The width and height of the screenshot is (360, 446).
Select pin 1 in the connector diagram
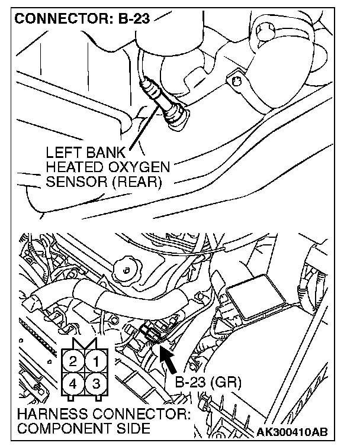95,360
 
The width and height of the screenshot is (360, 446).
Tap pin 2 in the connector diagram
73,360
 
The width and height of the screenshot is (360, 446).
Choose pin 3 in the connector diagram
95,383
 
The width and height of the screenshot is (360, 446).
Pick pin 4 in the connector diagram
73,383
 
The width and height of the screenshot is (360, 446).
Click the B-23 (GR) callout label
208,382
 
